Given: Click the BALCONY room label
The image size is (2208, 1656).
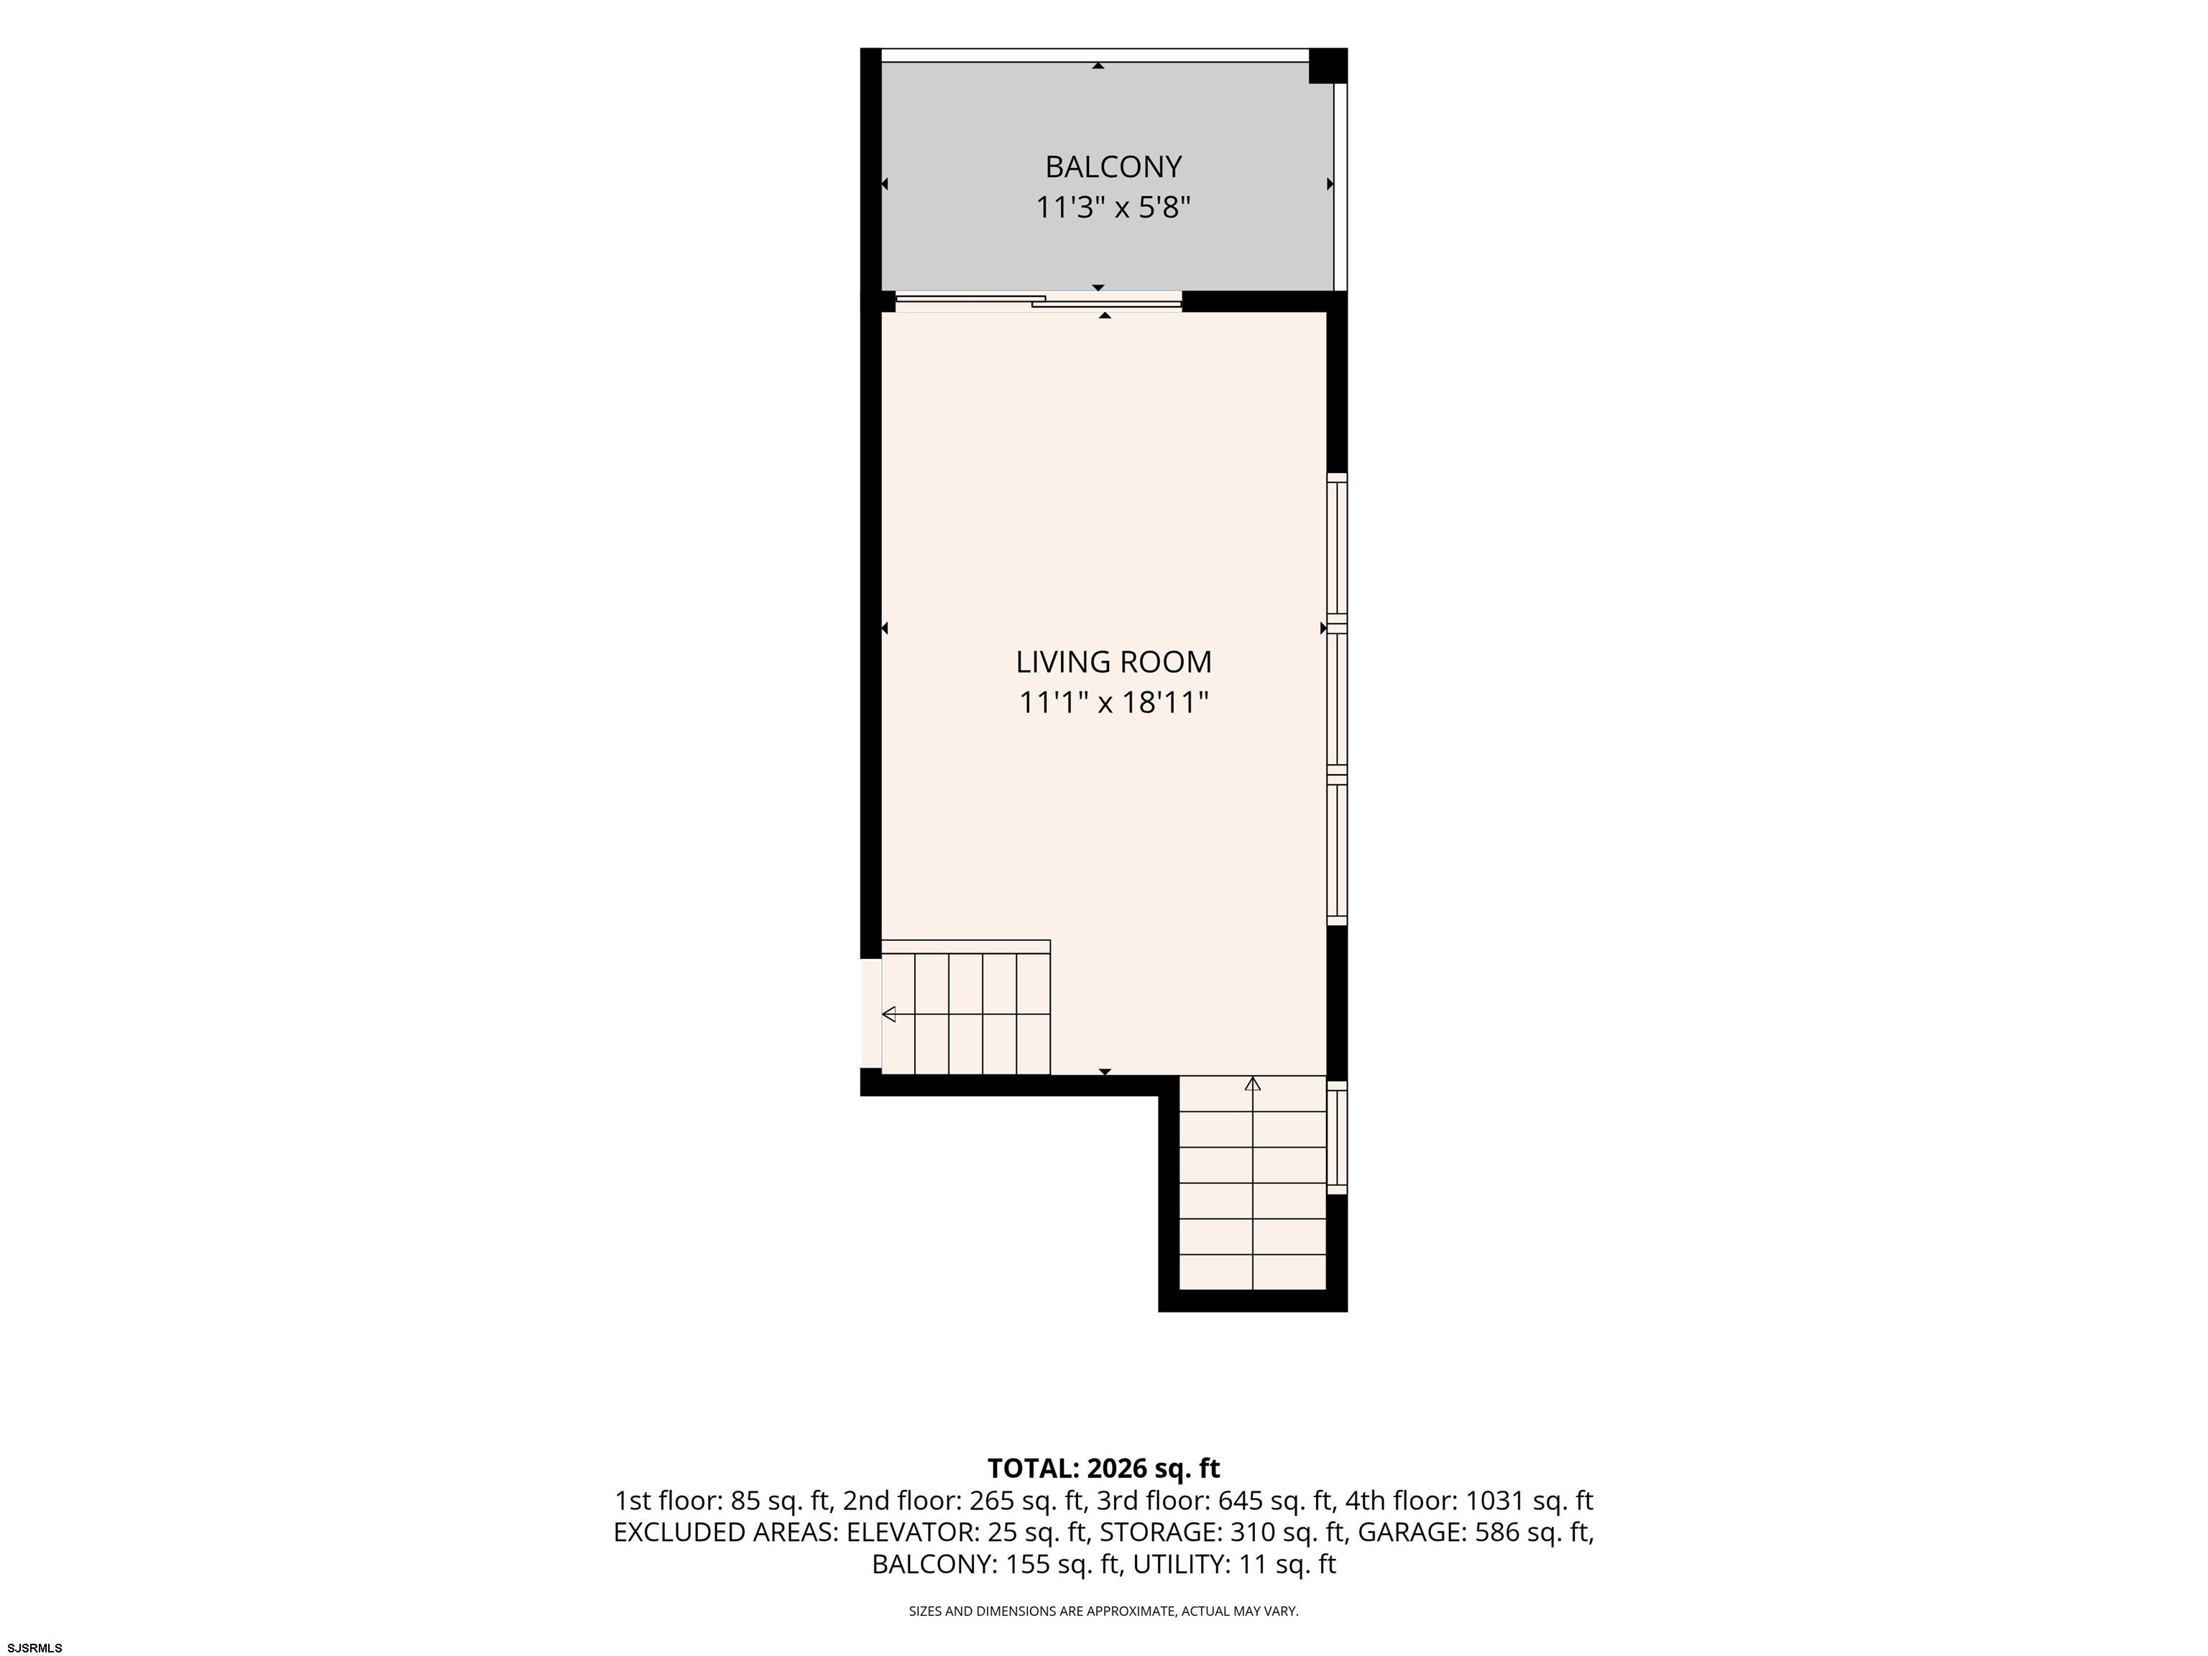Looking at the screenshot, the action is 1113,166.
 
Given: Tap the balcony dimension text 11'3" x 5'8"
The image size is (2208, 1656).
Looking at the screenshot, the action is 1113,208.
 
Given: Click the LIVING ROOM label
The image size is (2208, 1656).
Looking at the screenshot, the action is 1113,662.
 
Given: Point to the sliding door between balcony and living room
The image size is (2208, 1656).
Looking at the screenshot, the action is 1038,300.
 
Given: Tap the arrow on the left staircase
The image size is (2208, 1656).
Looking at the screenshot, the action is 888,1014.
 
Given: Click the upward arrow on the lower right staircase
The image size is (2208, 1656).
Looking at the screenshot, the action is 1253,1084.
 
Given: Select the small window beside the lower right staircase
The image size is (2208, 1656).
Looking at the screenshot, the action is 1337,1137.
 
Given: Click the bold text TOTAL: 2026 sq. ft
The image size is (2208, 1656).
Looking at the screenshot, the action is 1103,1468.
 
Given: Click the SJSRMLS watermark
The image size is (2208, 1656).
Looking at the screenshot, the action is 35,1647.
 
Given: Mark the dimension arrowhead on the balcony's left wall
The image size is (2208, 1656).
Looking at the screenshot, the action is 884,184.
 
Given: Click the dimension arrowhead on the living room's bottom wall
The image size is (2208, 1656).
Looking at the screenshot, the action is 1105,1072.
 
